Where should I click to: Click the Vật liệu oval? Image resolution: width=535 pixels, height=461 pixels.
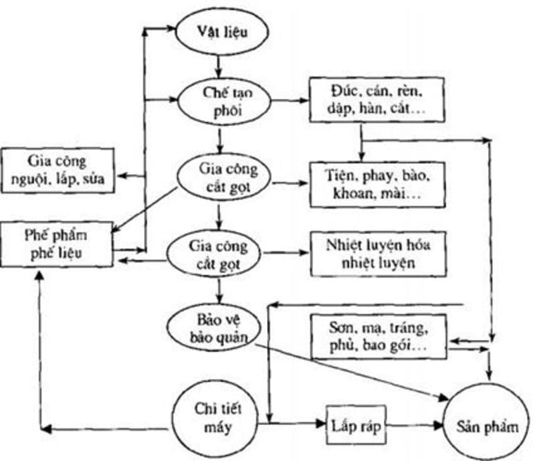[x=217, y=33]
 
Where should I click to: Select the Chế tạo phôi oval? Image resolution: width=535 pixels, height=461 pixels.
[x=217, y=102]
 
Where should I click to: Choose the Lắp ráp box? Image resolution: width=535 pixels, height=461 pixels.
[x=356, y=425]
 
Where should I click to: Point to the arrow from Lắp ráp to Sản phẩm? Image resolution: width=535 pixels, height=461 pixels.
[x=415, y=425]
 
